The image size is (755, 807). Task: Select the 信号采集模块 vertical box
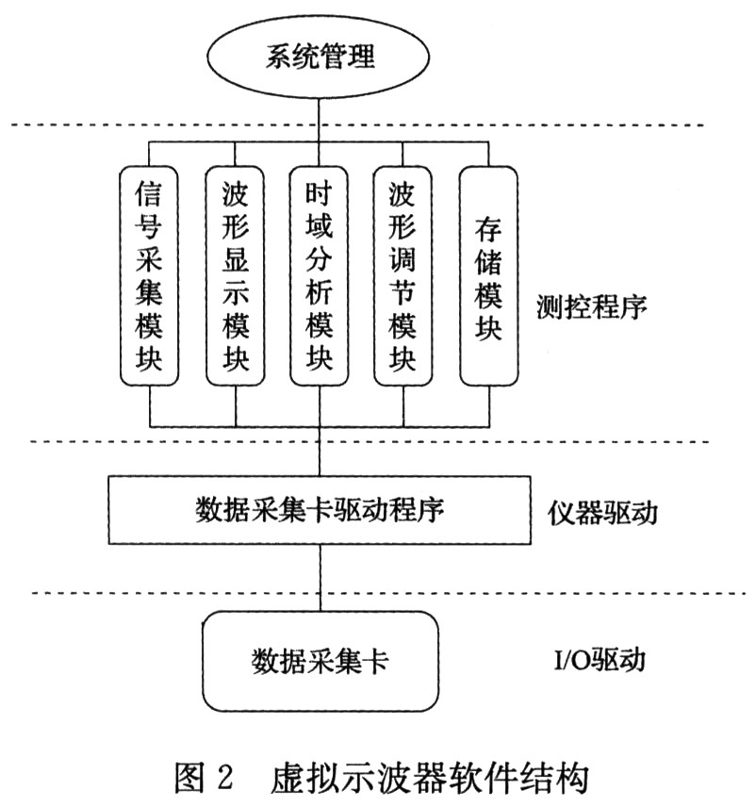(x=150, y=276)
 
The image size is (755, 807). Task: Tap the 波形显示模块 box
(x=235, y=276)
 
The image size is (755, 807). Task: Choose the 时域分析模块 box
(x=320, y=276)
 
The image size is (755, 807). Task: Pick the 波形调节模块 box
(x=403, y=276)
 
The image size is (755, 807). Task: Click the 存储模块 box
(x=488, y=276)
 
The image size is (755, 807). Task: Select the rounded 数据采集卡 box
(x=321, y=660)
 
